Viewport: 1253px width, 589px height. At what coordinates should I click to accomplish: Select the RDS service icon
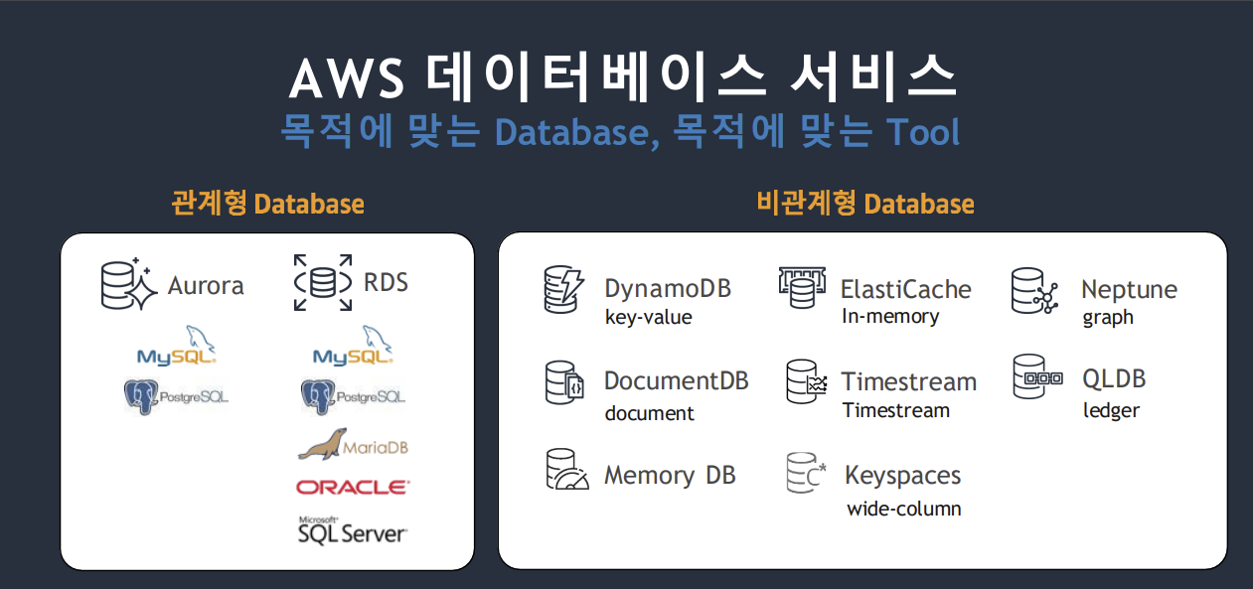pos(323,282)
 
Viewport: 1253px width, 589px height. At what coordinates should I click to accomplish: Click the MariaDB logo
pos(353,445)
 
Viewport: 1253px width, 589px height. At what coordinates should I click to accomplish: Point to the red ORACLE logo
pos(352,488)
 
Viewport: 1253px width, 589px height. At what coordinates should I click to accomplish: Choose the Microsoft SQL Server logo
pos(352,529)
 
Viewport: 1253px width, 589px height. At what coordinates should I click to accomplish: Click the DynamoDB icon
pos(564,289)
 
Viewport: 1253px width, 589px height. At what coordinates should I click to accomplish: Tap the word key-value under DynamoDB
pos(648,318)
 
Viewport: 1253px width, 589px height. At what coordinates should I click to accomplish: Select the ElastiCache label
pos(905,289)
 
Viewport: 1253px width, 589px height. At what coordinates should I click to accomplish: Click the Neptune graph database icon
pos(1032,290)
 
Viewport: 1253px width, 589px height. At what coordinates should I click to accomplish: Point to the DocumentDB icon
pos(564,382)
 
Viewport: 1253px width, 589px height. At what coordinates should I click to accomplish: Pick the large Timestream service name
pos(908,381)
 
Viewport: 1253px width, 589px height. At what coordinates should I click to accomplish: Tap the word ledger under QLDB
pos(1111,410)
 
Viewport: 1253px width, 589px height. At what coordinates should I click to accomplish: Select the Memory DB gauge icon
pos(566,471)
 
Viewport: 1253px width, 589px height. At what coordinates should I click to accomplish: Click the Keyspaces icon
pos(806,474)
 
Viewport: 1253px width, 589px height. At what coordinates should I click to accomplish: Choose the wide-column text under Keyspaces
pos(903,509)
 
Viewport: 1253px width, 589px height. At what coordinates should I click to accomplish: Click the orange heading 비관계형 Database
pos(864,204)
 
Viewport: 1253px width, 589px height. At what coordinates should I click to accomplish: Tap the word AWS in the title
pos(347,79)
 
